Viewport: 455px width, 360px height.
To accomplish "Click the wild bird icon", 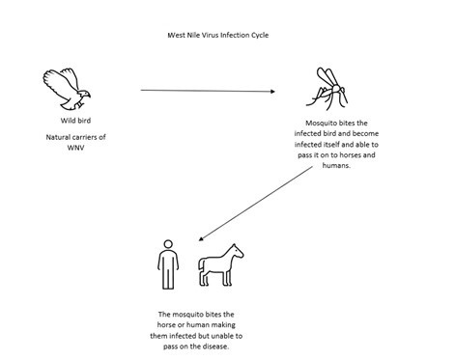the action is click(x=67, y=89).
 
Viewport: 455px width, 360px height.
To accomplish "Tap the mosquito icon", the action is click(x=327, y=89).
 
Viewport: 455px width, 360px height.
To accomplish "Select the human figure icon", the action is click(x=168, y=264).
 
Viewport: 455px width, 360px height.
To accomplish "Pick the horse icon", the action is click(x=221, y=265).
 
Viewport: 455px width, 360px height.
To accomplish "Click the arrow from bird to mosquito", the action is click(x=208, y=91).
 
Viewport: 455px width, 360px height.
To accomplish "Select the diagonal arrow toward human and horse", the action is click(x=256, y=203).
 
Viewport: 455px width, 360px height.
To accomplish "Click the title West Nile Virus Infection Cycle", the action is click(x=218, y=35).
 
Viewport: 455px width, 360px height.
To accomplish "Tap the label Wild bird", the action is click(x=75, y=121).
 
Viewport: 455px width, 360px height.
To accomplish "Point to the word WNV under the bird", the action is click(x=75, y=148).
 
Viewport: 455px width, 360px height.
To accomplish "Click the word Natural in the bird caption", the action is click(x=57, y=137).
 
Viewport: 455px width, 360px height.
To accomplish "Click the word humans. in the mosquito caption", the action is click(x=336, y=166).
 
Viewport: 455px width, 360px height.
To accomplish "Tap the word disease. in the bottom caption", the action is click(x=216, y=346).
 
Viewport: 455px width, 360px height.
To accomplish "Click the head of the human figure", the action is click(x=168, y=244).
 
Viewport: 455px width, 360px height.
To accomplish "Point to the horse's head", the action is click(x=237, y=251).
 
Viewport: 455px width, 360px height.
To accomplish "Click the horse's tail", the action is click(x=202, y=268).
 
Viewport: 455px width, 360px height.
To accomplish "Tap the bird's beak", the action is click(x=88, y=95).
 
